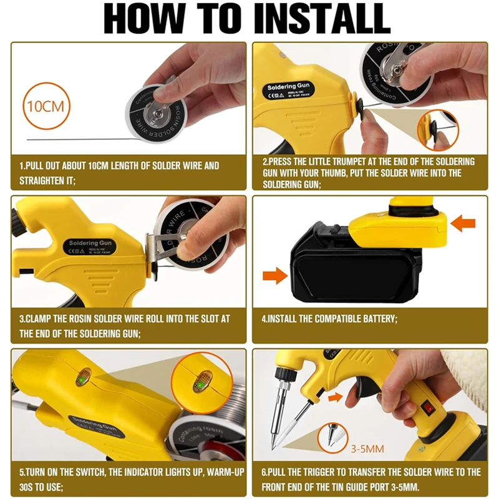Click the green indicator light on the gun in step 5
82,377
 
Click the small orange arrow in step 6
334,396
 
